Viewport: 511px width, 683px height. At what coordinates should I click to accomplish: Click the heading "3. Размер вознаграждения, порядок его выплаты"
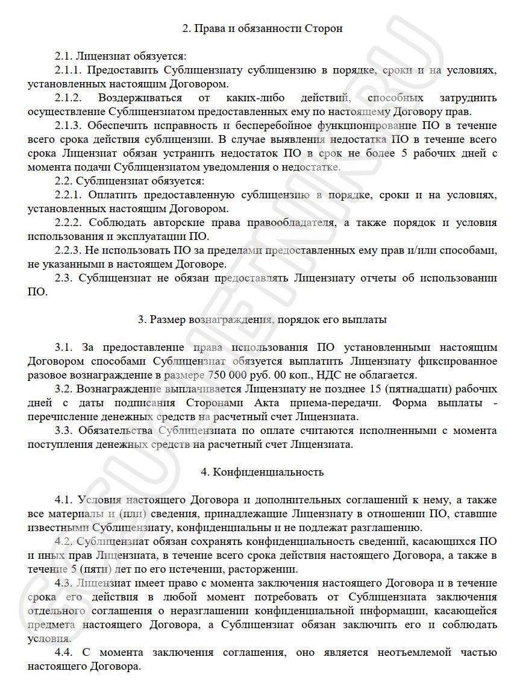[262, 319]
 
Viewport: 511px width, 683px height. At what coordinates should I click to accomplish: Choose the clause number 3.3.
[63, 430]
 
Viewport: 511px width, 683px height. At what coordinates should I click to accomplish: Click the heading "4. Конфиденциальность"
[262, 472]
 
